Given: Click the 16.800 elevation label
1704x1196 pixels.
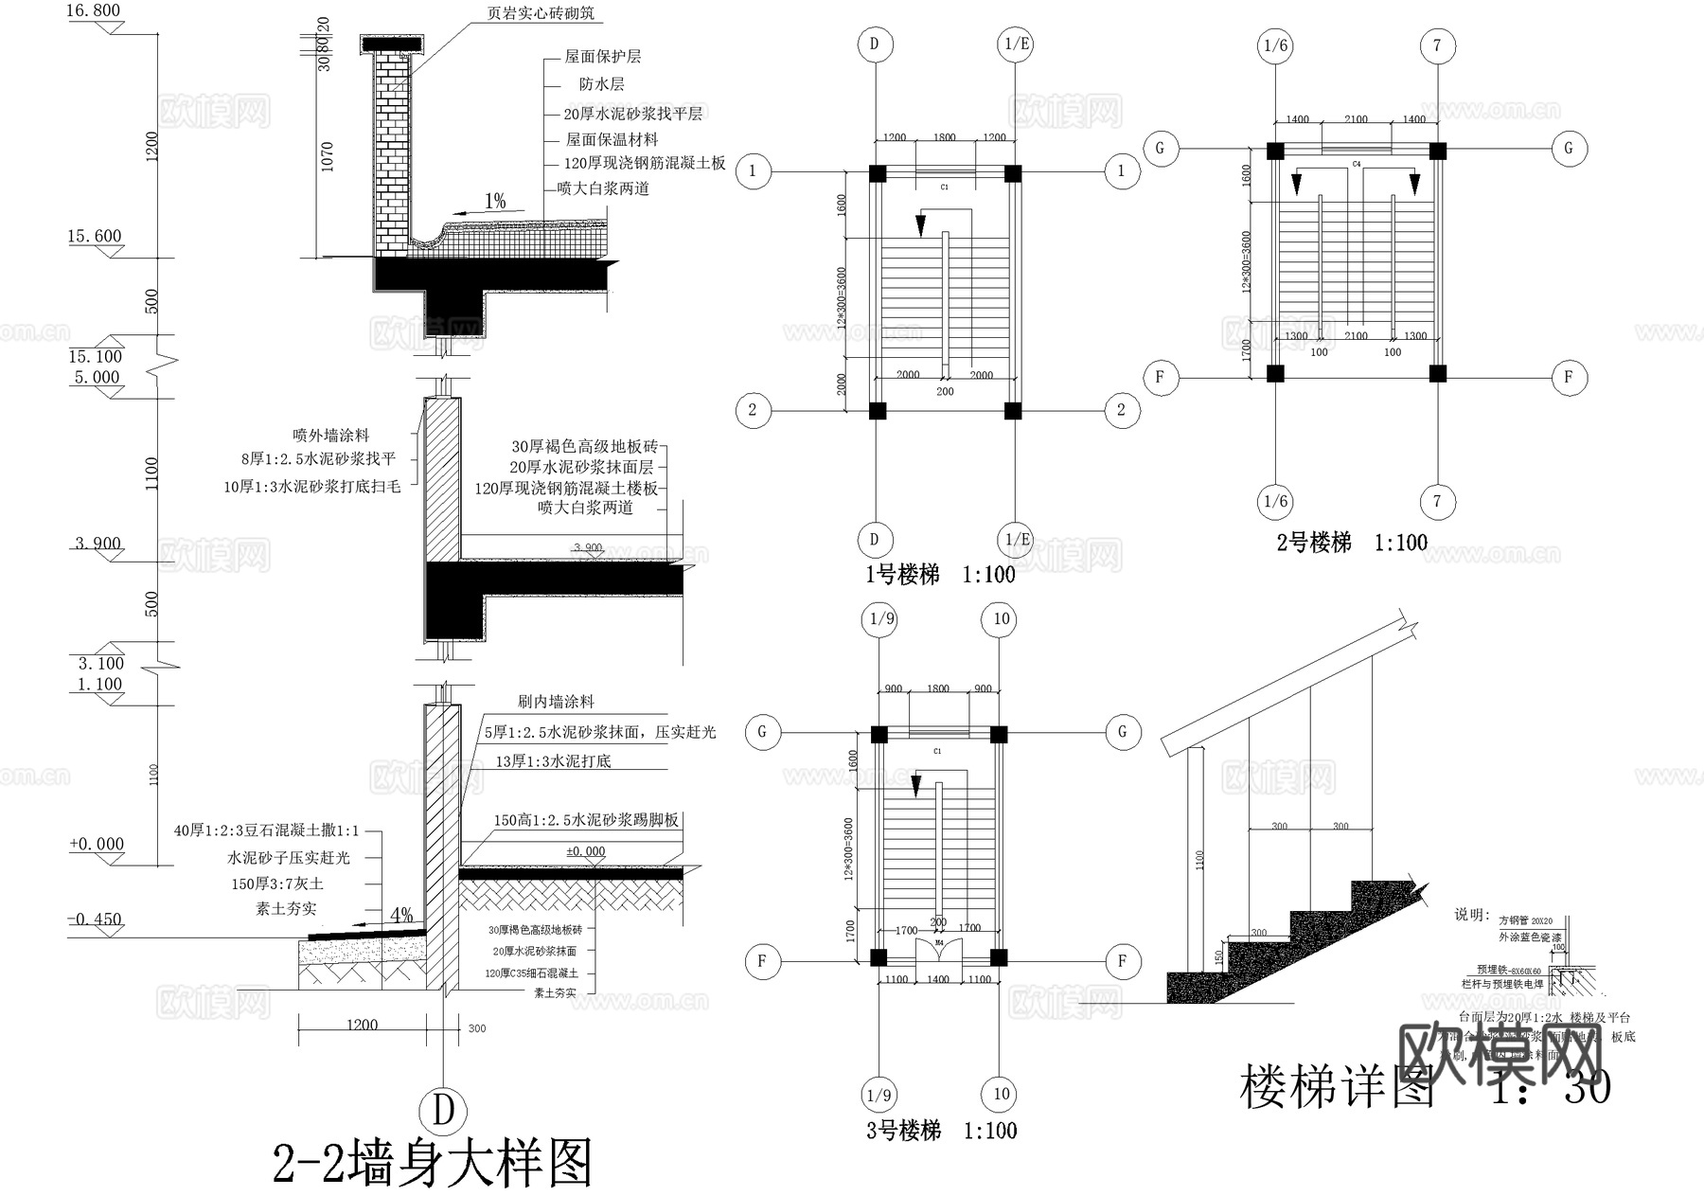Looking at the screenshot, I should pos(94,11).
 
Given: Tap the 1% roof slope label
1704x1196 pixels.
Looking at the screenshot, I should pos(495,201).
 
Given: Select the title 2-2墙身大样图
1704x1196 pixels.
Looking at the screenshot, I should pos(433,1164).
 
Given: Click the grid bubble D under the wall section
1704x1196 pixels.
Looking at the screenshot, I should pos(443,1110).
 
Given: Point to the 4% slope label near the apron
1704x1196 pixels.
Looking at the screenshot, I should pos(401,915).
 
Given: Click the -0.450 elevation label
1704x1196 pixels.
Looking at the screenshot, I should pos(96,919).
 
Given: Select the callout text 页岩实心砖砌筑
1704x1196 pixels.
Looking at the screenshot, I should pos(541,13).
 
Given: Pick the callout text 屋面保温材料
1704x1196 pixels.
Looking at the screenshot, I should pos(612,139).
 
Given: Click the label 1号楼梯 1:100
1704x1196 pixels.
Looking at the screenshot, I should pos(939,575).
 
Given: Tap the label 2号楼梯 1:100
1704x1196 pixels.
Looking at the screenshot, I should pos(1351,543).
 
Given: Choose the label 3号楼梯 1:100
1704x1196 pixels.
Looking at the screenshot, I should pos(941,1130).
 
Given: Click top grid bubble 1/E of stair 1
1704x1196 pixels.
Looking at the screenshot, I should pos(1017,45).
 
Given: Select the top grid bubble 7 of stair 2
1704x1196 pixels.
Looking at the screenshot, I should pos(1437,45).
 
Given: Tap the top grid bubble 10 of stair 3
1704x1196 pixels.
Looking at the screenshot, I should pos(1001,619).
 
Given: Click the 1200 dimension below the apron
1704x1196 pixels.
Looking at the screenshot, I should pos(362,1026).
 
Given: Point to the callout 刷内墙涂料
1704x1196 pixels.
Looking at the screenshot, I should pos(556,702).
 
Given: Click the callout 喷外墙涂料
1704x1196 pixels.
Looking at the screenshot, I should pos(329,436).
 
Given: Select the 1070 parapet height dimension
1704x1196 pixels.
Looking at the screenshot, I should pos(328,156).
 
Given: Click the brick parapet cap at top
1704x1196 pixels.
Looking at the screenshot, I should pos(393,44).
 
